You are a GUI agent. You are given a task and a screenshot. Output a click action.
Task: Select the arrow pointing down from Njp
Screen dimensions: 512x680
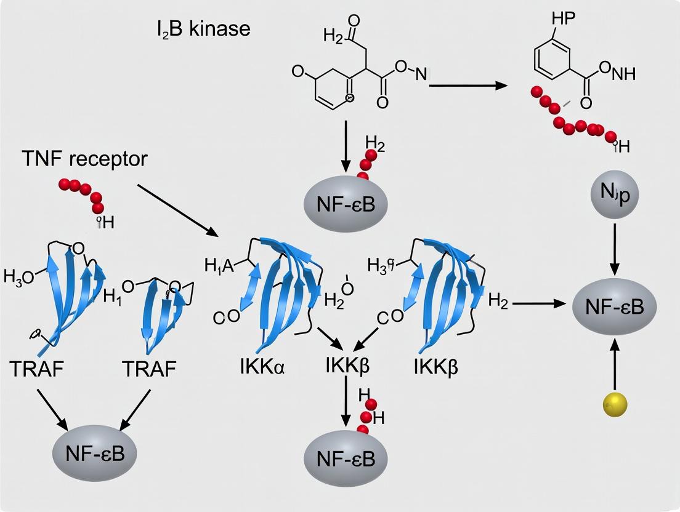pos(614,249)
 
